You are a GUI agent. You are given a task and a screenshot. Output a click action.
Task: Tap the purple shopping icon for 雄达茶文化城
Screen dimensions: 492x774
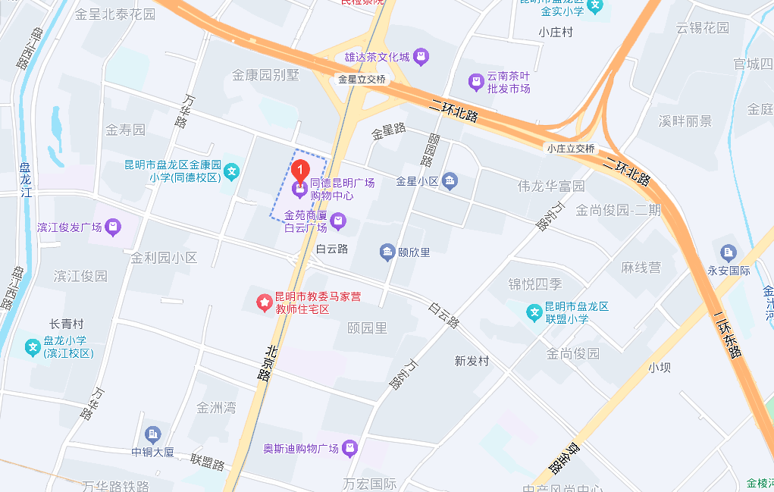[x=421, y=55]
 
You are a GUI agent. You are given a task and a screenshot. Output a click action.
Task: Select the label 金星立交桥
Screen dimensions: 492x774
[x=362, y=79]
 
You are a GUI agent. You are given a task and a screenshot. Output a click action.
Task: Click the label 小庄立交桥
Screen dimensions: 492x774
[x=571, y=149]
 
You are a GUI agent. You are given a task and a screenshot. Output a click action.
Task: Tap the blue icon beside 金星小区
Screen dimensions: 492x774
[x=450, y=180]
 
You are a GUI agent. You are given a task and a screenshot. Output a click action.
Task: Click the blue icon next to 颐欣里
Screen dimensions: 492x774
[x=387, y=252]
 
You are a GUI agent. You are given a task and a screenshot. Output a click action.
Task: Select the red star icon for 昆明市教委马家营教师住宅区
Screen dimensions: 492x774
[x=264, y=302]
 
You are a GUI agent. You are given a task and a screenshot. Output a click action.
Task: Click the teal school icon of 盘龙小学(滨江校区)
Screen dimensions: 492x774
[x=33, y=347]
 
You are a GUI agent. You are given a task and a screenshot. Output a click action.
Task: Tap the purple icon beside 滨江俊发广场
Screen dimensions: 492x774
[x=113, y=226]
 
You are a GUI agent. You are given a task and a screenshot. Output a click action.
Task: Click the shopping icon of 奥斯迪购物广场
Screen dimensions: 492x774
[x=349, y=448]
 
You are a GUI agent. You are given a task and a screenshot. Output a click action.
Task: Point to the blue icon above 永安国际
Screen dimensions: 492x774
[x=729, y=252]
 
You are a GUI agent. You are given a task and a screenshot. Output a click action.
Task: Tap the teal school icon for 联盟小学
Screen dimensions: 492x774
[x=534, y=312]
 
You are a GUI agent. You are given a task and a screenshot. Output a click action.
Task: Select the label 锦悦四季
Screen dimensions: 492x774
[x=535, y=284]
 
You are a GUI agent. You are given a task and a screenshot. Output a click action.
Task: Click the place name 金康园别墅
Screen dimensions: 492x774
[x=266, y=75]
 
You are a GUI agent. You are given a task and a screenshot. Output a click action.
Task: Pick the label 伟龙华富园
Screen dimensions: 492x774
[x=551, y=186]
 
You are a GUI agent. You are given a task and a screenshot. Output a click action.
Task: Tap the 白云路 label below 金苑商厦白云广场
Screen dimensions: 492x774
[x=331, y=249]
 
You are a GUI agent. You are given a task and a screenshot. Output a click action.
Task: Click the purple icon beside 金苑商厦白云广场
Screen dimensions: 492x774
[x=338, y=221]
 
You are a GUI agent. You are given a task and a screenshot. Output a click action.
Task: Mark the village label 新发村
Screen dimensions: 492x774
[x=472, y=361]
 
